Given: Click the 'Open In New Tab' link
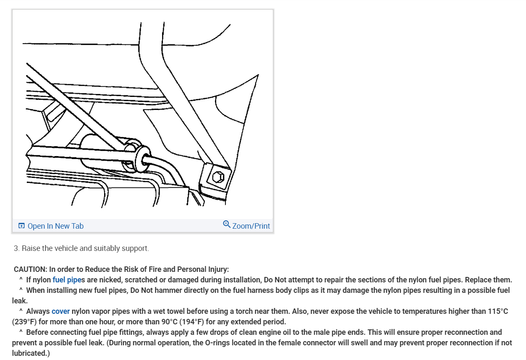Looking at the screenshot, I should pos(55,226).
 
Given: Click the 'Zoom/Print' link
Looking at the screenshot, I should pos(251,226).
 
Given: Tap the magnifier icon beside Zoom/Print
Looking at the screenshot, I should pos(227,224).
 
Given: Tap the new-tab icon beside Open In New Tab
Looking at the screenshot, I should pos(22,226).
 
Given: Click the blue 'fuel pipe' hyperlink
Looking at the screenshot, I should pos(67,280).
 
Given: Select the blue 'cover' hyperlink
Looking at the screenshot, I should pos(61,311).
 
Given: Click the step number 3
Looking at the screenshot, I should pos(16,248).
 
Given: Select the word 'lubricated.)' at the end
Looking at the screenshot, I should pos(31,353).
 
